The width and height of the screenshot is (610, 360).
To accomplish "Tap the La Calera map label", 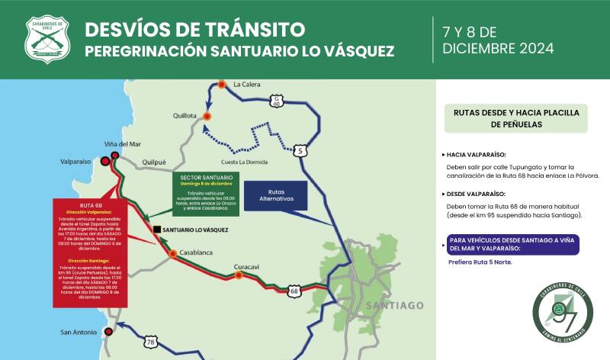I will coord(247,84).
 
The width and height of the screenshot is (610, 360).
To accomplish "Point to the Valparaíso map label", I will coord(75,162).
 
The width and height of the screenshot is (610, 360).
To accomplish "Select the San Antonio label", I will coord(80,333).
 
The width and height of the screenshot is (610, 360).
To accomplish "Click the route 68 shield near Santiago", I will coord(295,291).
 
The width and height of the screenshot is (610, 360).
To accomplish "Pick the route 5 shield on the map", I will coord(303,151).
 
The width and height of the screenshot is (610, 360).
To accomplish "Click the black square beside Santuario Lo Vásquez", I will coord(156,229).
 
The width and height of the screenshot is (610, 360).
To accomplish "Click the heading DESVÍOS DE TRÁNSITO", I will coord(194,30).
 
